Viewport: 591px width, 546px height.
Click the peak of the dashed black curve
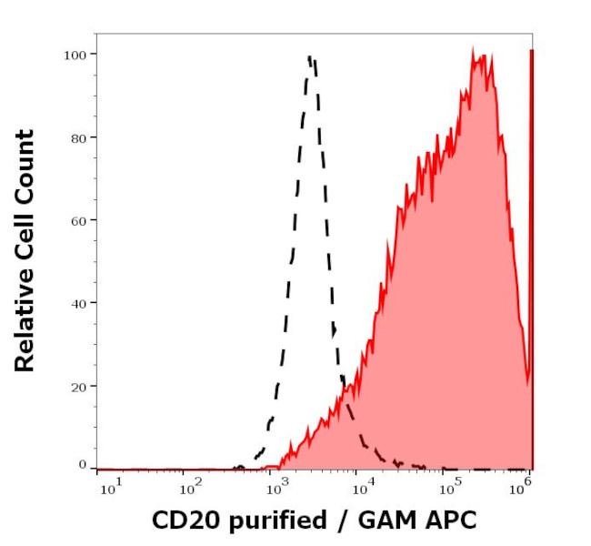pyautogui.click(x=310, y=57)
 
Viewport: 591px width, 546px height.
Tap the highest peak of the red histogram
pyautogui.click(x=476, y=51)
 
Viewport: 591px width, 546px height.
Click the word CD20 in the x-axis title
pyautogui.click(x=180, y=521)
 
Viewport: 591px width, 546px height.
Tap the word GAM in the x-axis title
pyautogui.click(x=386, y=521)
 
